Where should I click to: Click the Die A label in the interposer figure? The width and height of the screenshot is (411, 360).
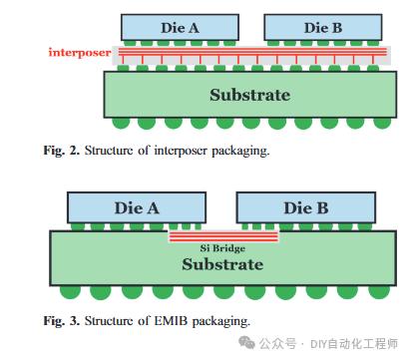coord(180,28)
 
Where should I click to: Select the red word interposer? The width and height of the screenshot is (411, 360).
coord(80,51)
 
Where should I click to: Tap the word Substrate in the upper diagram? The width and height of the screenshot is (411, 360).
coord(249,96)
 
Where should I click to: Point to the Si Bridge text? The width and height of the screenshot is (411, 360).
coord(221,246)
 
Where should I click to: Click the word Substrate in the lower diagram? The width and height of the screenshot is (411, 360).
coord(221,264)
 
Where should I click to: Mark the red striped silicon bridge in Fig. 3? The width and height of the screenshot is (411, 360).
coord(221,236)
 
